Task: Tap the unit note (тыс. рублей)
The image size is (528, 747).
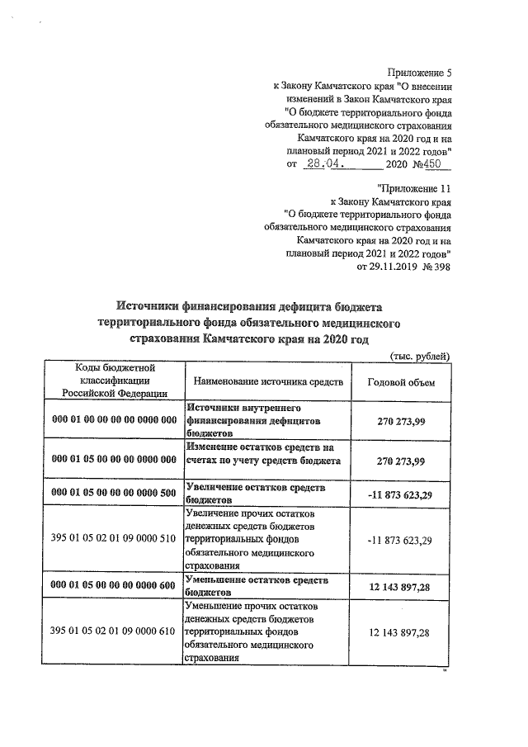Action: click(x=419, y=356)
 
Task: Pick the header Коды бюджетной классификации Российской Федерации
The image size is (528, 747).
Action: click(x=115, y=381)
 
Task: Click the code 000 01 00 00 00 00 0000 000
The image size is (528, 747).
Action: click(x=115, y=419)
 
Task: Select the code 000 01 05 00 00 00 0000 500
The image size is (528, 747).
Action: click(x=115, y=494)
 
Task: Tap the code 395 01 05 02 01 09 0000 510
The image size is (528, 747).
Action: click(x=115, y=540)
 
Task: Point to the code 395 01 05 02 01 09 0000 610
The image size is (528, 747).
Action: click(x=115, y=631)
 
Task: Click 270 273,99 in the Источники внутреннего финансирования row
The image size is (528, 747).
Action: click(x=400, y=419)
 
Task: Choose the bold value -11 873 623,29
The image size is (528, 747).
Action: click(x=400, y=494)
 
